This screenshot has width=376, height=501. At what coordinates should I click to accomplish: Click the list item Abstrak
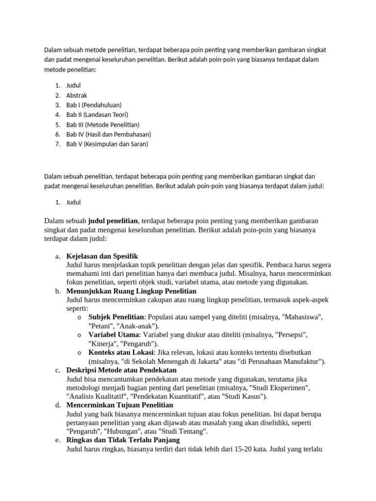click(77, 95)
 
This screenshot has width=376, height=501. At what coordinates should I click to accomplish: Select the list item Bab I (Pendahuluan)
click(94, 105)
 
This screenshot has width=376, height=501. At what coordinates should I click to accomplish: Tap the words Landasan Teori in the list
click(105, 114)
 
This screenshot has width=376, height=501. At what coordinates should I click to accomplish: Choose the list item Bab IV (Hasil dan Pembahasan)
click(109, 134)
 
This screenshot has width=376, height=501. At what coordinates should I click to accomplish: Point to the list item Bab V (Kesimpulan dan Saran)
click(107, 144)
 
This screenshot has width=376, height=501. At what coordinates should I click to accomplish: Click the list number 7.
click(57, 144)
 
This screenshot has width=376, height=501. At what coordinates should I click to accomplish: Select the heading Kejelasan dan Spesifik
click(102, 256)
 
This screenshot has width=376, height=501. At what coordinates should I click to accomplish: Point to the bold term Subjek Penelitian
click(116, 317)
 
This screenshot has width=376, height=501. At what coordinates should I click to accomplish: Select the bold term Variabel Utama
click(113, 335)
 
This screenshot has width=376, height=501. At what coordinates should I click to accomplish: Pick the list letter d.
click(58, 405)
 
